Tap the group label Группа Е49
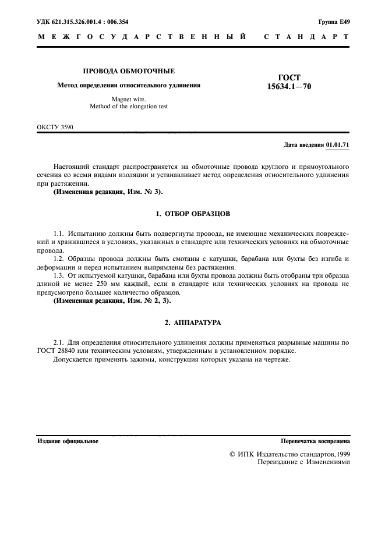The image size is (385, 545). pyautogui.click(x=334, y=22)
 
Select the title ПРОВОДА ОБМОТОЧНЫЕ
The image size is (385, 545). pyautogui.click(x=129, y=71)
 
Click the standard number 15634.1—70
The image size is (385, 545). pyautogui.click(x=289, y=87)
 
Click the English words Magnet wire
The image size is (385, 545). pyautogui.click(x=129, y=99)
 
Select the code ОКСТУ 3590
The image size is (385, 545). pyautogui.click(x=55, y=126)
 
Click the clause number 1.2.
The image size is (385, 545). pyautogui.click(x=59, y=259)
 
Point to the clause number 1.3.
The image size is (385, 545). pyautogui.click(x=59, y=275)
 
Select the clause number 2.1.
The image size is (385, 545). pyautogui.click(x=59, y=343)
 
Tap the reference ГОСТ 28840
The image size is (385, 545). pyautogui.click(x=59, y=351)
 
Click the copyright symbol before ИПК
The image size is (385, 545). pyautogui.click(x=232, y=454)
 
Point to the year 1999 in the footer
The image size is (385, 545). pyautogui.click(x=341, y=454)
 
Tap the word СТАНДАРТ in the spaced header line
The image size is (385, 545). pyautogui.click(x=306, y=37)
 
